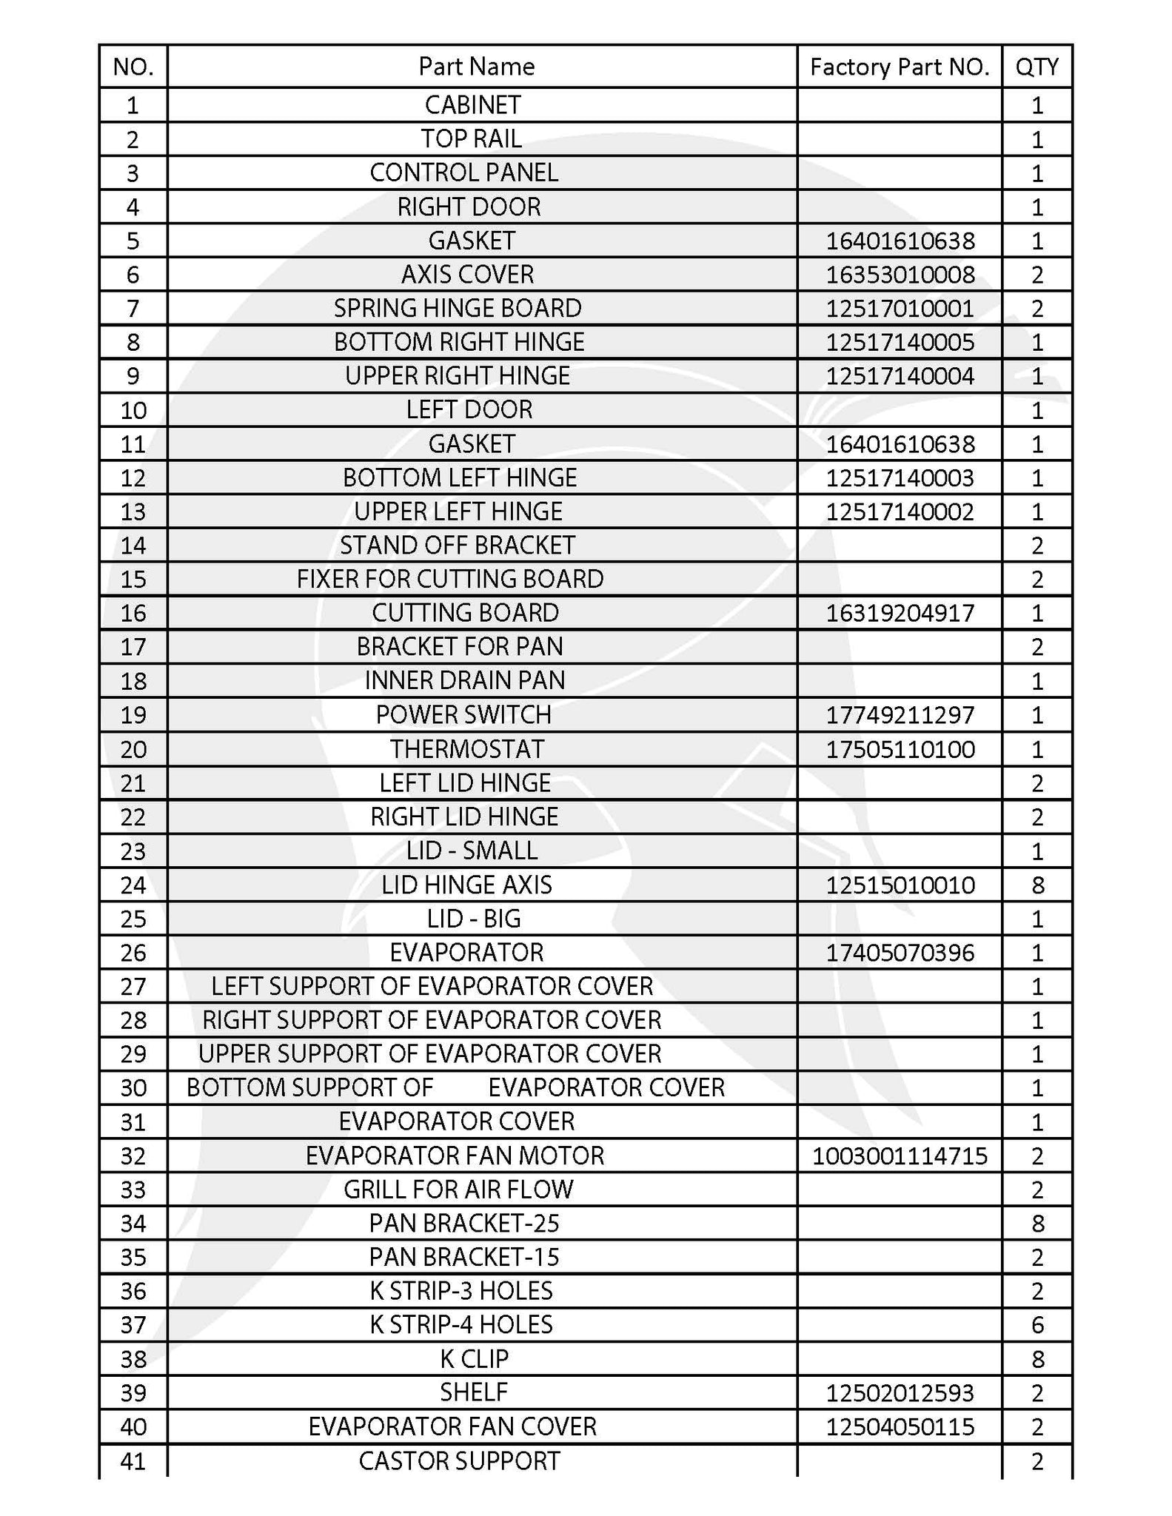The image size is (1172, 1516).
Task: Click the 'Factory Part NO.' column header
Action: coord(900,67)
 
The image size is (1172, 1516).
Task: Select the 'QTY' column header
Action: coord(1037,67)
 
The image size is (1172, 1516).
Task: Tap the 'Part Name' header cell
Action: coord(476,67)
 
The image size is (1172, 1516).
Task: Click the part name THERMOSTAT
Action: coord(467,749)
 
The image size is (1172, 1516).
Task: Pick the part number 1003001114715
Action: coord(900,1156)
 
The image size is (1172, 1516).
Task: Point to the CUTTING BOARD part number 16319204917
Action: coord(900,613)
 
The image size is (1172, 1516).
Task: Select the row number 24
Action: coord(133,885)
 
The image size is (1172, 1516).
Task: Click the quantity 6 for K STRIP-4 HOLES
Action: coord(1037,1324)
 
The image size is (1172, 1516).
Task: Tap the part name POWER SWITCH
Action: coord(463,715)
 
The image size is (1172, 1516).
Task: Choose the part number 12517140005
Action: coord(900,343)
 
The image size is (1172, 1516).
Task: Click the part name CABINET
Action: coord(473,105)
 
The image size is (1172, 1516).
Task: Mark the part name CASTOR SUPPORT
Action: coord(459,1461)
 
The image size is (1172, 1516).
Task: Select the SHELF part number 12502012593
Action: coord(900,1393)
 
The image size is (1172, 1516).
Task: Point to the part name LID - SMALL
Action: coord(472,851)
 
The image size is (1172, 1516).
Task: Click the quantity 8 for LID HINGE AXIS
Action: coord(1037,885)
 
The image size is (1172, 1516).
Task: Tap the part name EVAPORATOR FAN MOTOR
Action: coord(455,1156)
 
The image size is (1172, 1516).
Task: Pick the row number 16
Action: coord(133,613)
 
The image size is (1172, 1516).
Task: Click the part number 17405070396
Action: coord(900,953)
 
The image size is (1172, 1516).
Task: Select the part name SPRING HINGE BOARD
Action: coord(458,309)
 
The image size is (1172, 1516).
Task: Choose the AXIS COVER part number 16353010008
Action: coord(900,275)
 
